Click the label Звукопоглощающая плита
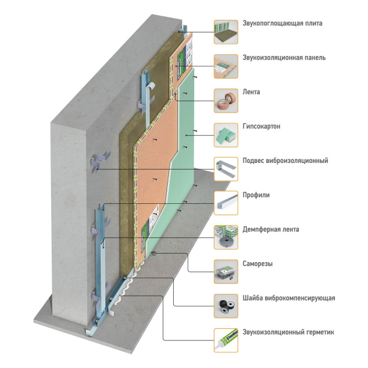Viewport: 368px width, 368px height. pos(282,24)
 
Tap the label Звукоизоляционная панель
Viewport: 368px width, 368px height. pos(284,58)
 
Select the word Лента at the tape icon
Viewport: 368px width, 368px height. pos(251,93)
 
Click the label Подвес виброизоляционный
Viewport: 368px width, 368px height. pos(284,161)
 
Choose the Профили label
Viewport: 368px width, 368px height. pos(256,195)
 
